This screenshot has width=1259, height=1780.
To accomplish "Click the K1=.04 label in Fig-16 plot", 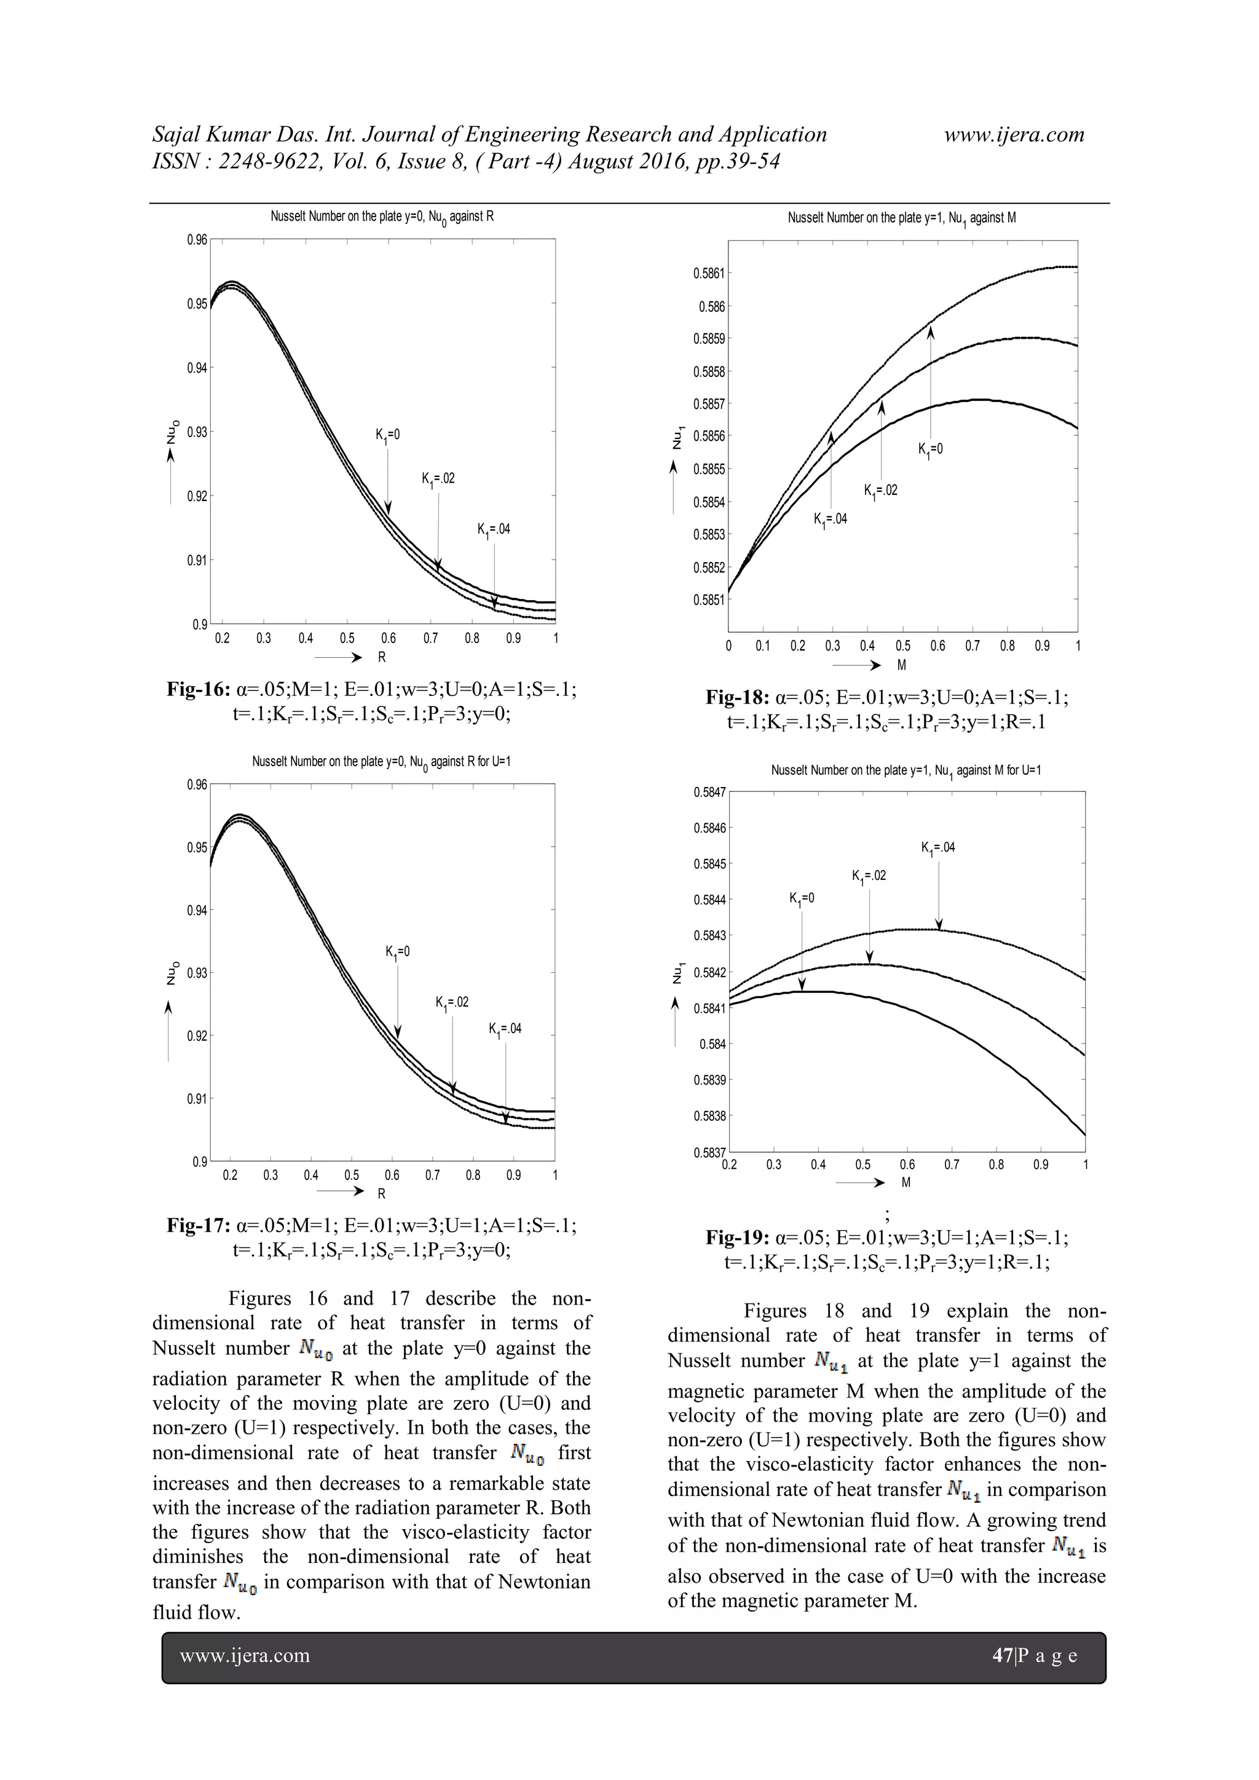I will tap(494, 529).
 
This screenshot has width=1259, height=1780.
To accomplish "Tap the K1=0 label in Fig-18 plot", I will tap(930, 449).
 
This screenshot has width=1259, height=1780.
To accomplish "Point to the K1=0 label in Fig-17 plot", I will tap(398, 952).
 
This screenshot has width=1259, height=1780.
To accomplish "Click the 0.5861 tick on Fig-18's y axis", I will tap(709, 273).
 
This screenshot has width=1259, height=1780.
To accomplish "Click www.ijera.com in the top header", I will tap(1014, 135).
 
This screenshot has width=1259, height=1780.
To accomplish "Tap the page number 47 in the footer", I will tap(1003, 1656).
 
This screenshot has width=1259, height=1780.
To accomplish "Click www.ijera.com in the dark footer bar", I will tap(245, 1656).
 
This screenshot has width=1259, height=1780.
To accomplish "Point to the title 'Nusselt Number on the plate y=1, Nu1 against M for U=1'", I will tap(906, 770).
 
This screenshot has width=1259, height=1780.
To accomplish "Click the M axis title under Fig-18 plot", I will tap(902, 665).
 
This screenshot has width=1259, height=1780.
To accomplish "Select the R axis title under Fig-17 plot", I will tap(381, 1193).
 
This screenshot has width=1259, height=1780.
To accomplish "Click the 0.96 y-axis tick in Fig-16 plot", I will tap(197, 240).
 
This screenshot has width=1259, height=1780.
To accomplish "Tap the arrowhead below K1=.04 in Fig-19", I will tap(939, 924).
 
